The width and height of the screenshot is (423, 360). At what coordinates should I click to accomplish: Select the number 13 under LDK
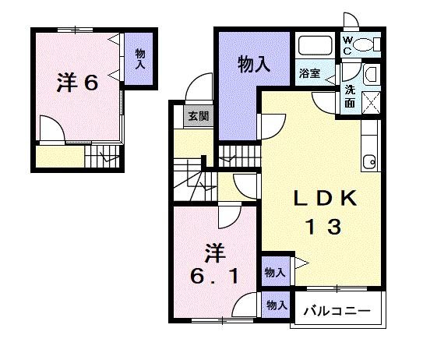point(321,228)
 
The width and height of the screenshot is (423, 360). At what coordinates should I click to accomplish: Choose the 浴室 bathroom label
point(308,74)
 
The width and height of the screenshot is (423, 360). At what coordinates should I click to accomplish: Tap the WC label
point(348,46)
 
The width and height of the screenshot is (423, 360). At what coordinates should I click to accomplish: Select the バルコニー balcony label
point(337,311)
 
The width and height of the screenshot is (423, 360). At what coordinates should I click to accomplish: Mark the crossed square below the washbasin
point(370,101)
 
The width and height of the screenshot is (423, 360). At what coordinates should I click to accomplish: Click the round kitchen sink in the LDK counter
point(369,162)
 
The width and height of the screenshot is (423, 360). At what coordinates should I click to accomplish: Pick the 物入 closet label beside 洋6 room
point(140,59)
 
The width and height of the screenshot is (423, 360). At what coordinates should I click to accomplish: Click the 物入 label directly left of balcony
point(274,305)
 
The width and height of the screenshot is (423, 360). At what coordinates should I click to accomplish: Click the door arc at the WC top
point(350,21)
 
